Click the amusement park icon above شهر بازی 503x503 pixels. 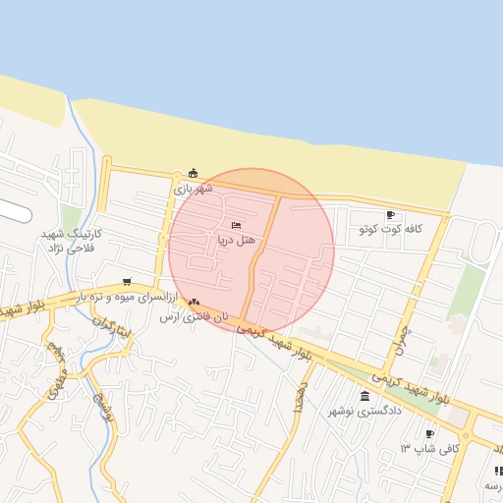[x=193, y=173]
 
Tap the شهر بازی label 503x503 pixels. [x=193, y=187]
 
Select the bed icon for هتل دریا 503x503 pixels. [x=236, y=226]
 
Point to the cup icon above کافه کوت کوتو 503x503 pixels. [x=390, y=215]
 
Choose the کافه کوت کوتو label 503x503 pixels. [x=390, y=229]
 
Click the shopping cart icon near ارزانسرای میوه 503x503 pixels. [x=126, y=282]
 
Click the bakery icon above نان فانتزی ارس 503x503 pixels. [x=194, y=303]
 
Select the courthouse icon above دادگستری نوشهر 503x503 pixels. [x=365, y=396]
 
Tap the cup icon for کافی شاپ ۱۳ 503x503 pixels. [x=429, y=434]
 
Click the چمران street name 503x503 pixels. [x=402, y=340]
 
